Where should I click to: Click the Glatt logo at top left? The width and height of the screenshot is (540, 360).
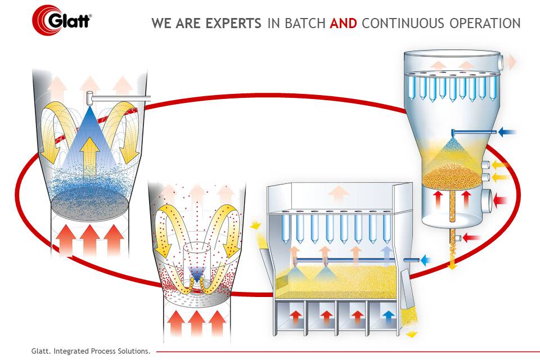coord(62,20)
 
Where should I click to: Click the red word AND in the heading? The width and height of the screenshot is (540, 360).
coord(343,24)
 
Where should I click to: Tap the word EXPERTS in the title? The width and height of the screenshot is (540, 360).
coord(233,24)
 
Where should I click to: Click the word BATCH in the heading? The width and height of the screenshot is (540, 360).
coord(304,24)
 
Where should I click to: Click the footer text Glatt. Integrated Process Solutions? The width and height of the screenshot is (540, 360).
coord(91,351)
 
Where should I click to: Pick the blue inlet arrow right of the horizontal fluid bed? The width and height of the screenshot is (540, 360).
coord(425,260)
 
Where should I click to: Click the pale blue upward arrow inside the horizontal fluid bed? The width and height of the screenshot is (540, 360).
coord(386,254)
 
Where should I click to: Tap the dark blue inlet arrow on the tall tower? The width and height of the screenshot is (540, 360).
coord(508,133)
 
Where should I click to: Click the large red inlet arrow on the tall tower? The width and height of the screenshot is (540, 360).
coord(500,199)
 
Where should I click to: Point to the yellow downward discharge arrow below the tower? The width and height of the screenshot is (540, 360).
coord(452,262)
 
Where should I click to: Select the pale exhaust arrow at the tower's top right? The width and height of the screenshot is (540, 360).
coord(511,61)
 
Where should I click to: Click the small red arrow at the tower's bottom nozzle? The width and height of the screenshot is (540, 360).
coord(471,238)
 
